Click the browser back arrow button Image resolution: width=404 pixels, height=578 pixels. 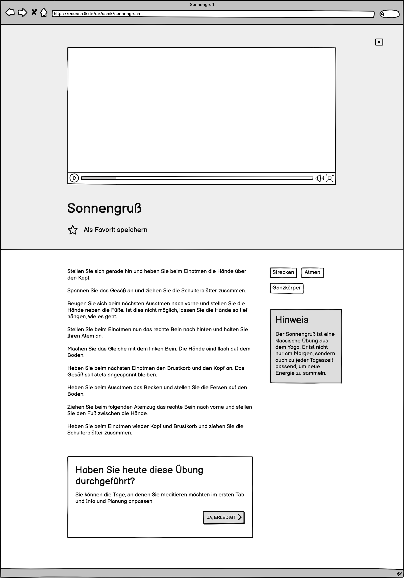pos(10,12)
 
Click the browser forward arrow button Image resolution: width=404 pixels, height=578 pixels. pos(22,12)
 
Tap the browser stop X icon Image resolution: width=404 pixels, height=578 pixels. pos(34,12)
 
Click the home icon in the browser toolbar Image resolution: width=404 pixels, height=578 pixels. pos(44,12)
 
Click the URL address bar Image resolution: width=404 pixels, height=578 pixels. pos(213,14)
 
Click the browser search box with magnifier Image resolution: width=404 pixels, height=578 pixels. pos(389,14)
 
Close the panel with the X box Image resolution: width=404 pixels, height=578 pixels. pos(379,42)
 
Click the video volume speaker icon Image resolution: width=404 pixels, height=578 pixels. pos(319,178)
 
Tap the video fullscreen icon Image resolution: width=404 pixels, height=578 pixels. pos(330,178)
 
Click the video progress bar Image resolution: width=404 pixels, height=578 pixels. pos(197,178)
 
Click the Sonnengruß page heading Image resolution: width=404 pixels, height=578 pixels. pos(104,208)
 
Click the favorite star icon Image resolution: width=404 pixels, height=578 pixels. pos(73,230)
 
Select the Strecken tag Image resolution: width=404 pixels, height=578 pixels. pos(283,272)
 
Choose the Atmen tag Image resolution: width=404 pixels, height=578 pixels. pos(312,272)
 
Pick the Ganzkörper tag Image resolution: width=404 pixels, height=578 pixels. pos(287,288)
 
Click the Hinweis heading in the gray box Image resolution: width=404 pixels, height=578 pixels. pos(292,320)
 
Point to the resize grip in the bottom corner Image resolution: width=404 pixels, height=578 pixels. pos(399,573)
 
